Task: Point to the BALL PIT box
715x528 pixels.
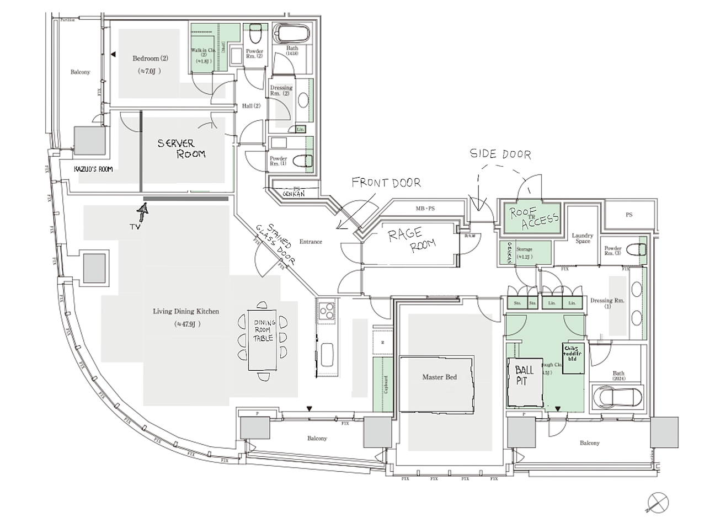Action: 525,381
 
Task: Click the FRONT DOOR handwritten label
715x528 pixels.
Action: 386,183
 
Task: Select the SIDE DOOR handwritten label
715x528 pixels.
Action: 500,154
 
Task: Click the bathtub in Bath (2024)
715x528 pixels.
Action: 617,396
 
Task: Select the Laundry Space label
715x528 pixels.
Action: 583,238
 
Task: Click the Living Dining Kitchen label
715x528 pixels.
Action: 186,312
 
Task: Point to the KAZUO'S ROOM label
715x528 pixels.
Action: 93,169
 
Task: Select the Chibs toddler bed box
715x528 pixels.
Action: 573,358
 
